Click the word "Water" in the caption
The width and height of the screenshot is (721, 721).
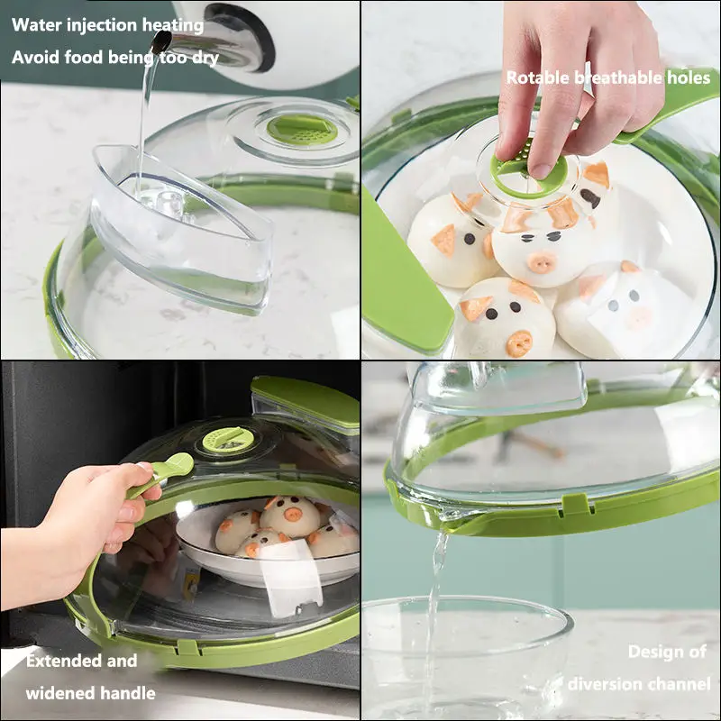pos(37,25)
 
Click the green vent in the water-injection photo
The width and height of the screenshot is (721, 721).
pos(302,129)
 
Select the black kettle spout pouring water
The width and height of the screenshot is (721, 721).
pos(161,41)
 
